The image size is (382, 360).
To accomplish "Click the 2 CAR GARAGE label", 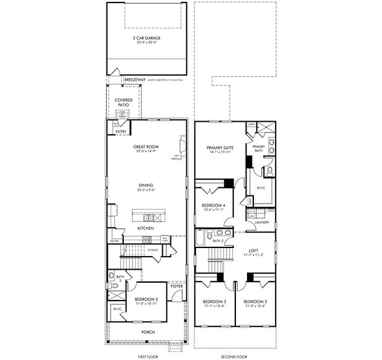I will (146, 38).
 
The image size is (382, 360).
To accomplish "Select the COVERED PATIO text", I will (123, 102).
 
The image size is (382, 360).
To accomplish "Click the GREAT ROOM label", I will (146, 147).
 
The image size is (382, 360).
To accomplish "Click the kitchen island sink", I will (149, 218).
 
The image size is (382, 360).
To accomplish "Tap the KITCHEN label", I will (146, 229).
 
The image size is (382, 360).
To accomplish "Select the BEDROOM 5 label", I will (147, 299).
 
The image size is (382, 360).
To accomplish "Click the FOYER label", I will (177, 287).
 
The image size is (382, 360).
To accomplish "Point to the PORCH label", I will (147, 332).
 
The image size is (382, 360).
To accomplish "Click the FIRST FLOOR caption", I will (147, 357).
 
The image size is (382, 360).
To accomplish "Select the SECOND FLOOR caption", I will (235, 357).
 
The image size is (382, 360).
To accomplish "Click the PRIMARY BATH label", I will (258, 148).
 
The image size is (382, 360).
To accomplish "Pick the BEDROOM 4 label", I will (214, 206).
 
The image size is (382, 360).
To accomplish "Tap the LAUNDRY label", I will (261, 222).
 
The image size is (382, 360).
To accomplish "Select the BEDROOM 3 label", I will (214, 301).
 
